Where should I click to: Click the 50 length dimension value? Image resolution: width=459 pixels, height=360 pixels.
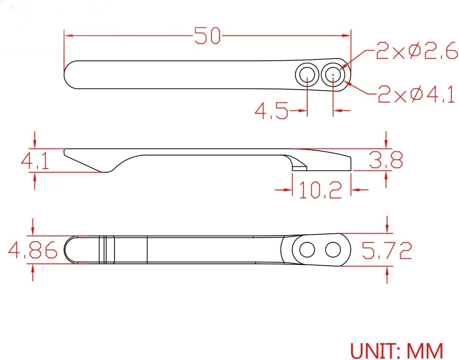tap(207, 36)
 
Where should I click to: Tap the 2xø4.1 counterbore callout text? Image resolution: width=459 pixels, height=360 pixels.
tap(416, 94)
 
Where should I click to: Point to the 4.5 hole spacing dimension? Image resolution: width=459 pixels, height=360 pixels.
tap(271, 110)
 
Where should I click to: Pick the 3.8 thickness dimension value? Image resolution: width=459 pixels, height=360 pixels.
tap(386, 160)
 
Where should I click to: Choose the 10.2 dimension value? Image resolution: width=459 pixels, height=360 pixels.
tap(320, 190)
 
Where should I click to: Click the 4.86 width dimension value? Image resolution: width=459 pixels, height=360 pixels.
tap(33, 250)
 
